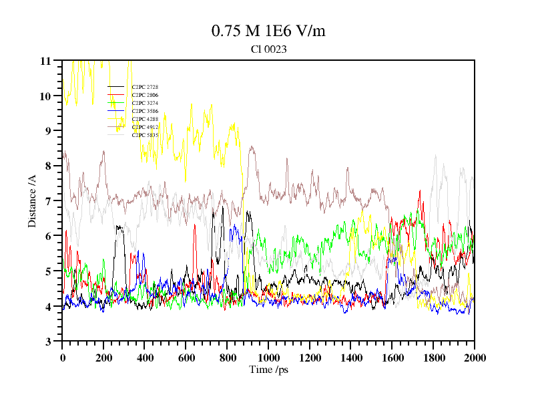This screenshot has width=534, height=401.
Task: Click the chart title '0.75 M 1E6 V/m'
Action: click(268, 31)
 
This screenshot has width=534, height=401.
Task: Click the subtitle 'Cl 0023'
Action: click(268, 49)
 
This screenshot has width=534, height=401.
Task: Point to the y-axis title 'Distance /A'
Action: click(32, 200)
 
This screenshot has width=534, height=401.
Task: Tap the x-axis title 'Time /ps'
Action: click(268, 369)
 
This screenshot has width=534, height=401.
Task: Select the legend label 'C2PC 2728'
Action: click(145, 87)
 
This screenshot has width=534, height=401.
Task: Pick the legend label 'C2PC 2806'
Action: click(145, 95)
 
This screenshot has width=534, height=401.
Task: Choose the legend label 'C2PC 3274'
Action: click(145, 103)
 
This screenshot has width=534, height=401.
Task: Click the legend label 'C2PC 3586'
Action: click(145, 111)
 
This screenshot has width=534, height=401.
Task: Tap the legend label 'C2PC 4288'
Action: click(145, 119)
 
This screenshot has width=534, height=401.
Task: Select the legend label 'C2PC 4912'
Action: click(145, 127)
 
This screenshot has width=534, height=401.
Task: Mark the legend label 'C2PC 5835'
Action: click(145, 135)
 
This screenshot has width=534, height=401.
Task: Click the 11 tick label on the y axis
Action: click(45, 61)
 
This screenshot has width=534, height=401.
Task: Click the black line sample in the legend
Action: click(116, 87)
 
